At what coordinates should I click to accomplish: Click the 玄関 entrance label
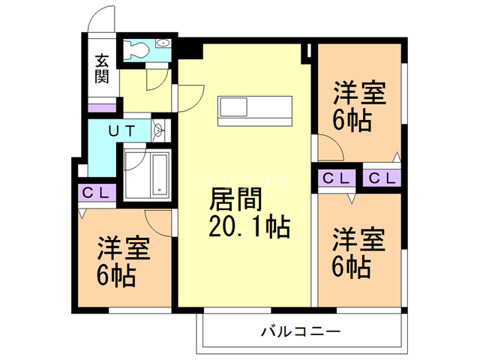click(x=103, y=68)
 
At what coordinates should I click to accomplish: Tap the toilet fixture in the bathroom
click(x=138, y=50)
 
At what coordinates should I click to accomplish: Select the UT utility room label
click(x=121, y=130)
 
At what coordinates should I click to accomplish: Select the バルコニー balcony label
click(x=300, y=331)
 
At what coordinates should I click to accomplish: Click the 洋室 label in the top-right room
click(x=359, y=94)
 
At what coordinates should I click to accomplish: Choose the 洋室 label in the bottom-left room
click(x=123, y=249)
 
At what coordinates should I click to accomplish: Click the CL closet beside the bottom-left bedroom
click(x=96, y=193)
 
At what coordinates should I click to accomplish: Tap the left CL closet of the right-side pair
click(x=335, y=178)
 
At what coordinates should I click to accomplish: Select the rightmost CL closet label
click(x=382, y=178)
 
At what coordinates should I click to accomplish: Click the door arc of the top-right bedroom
click(x=328, y=144)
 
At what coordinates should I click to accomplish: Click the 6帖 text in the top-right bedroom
click(x=352, y=119)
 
